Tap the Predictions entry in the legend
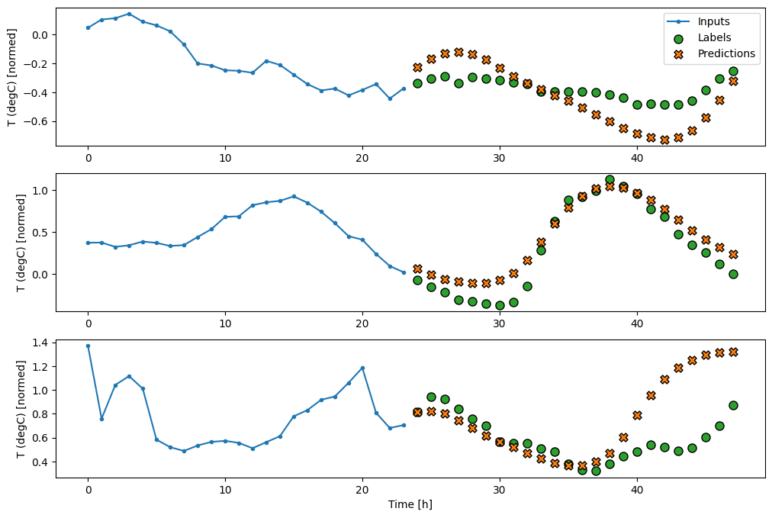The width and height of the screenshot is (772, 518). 726,53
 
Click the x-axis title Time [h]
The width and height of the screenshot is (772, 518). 410,504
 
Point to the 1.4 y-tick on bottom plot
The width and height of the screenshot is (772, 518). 40,343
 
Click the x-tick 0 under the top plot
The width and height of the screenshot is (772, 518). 88,157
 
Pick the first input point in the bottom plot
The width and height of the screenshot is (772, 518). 88,346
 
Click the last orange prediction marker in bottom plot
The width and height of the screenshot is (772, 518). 733,352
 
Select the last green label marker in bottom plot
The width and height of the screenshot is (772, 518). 733,405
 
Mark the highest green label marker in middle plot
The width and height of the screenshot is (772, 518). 610,180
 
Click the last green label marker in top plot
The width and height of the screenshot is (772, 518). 733,71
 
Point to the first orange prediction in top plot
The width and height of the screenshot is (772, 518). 417,67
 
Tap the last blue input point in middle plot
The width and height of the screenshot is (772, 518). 404,272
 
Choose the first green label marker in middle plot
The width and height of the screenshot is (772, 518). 417,280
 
